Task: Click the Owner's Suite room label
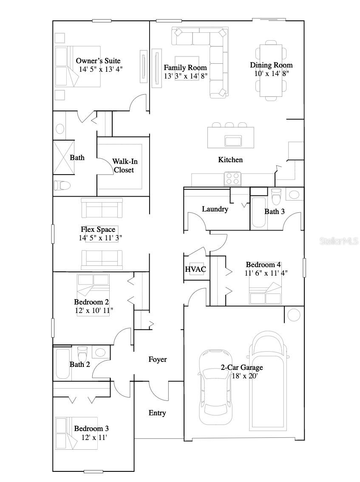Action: (x=98, y=61)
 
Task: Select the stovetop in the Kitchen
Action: (x=232, y=178)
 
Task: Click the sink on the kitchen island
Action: (x=233, y=141)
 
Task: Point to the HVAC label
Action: (x=195, y=269)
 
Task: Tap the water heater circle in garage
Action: (x=293, y=315)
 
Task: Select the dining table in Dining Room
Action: (x=271, y=70)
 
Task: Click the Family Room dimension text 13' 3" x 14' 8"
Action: (x=185, y=76)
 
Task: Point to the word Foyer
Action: (x=157, y=359)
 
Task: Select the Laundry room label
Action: (x=215, y=209)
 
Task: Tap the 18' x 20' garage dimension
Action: (x=244, y=376)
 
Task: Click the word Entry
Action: (x=157, y=413)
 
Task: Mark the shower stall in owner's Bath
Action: (x=63, y=157)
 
